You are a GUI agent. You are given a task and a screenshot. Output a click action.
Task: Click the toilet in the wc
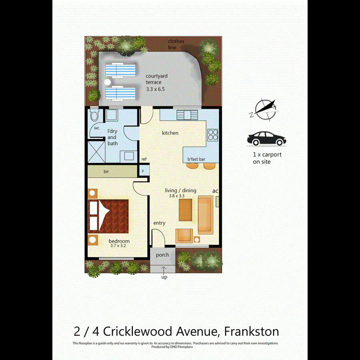[94, 116]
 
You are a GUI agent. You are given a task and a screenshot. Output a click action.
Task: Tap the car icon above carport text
[266, 139]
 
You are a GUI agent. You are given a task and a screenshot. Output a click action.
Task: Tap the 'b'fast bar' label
[196, 159]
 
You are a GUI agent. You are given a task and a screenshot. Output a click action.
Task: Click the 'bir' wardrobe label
[106, 172]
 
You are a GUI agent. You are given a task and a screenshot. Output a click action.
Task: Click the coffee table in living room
[185, 207]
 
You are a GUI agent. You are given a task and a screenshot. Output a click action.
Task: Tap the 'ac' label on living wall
[215, 191]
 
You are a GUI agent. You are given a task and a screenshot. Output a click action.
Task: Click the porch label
[162, 255]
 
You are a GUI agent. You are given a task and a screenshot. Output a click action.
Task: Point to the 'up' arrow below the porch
[164, 272]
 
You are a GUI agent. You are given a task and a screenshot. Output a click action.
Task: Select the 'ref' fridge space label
[144, 159]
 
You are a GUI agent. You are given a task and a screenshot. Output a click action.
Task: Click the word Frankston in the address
[251, 332]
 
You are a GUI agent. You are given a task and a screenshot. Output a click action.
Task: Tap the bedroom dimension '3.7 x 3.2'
[118, 246]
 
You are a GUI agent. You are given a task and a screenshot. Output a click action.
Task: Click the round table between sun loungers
[107, 82]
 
